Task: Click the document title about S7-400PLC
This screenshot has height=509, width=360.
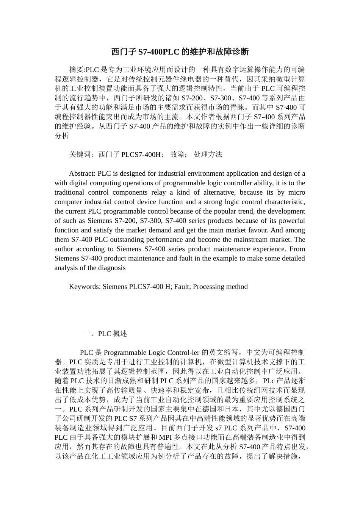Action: tap(180, 52)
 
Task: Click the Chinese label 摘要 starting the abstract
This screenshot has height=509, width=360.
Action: tap(76, 70)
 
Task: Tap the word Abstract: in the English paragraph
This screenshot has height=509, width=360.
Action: tap(82, 174)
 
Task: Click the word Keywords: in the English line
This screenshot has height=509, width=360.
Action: tap(85, 287)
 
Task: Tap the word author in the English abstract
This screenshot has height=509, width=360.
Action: tap(64, 249)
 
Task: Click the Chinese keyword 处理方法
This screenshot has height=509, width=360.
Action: tap(208, 155)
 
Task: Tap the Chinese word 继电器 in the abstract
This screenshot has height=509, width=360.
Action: tap(196, 79)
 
